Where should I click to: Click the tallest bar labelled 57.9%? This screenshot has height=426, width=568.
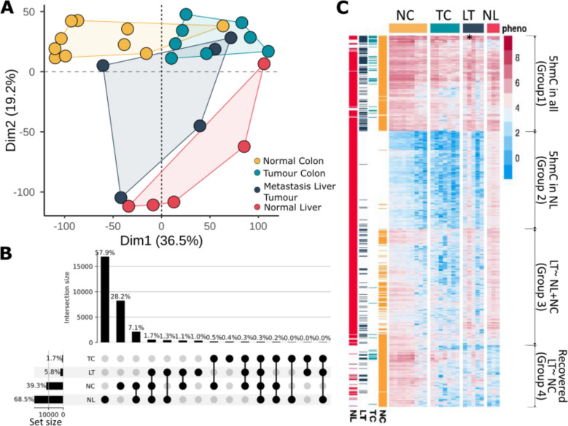coord(105,299)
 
